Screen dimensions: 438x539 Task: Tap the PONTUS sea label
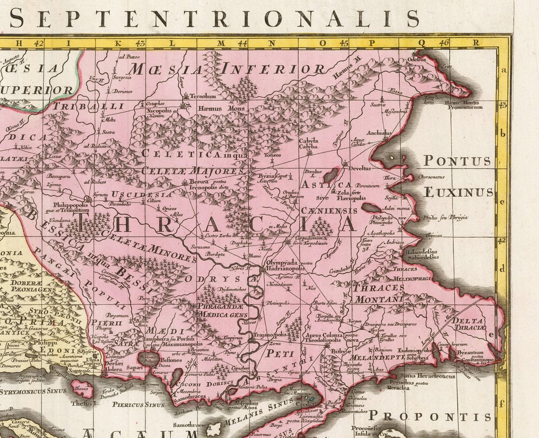457,161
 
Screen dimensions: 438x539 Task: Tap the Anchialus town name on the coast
379,133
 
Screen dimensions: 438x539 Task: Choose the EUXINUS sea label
458,192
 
